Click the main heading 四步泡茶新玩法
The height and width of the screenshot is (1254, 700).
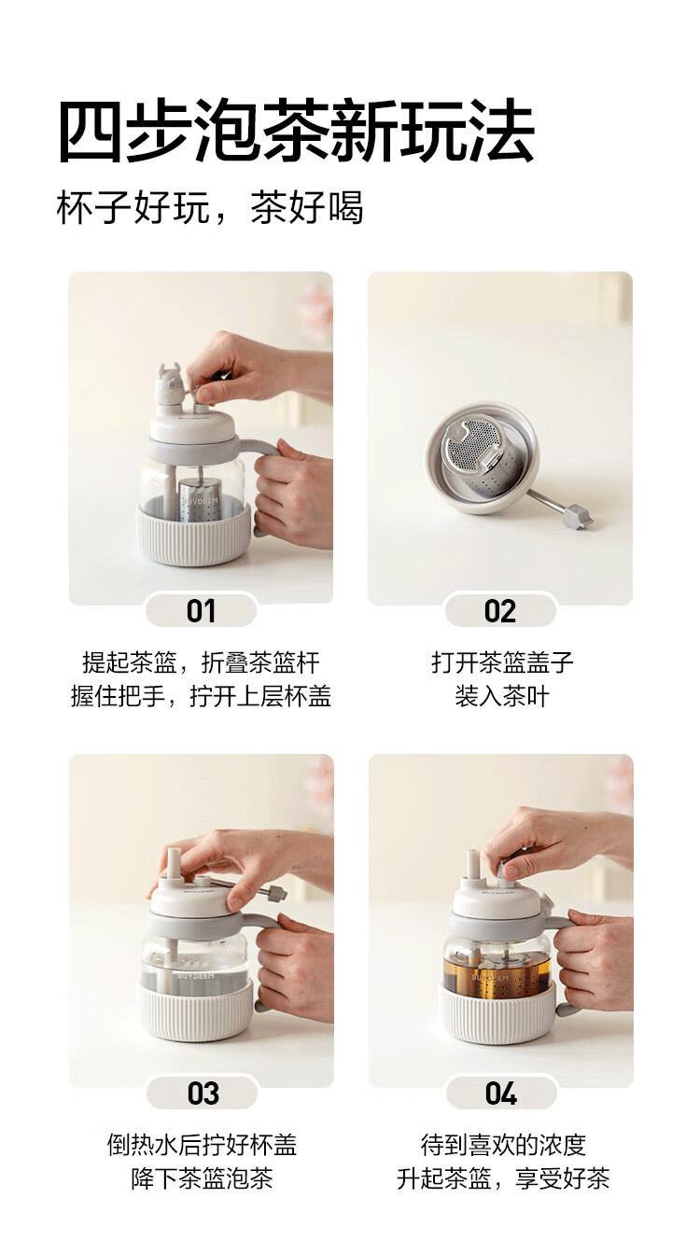(296, 132)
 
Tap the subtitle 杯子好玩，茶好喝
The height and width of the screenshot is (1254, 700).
(210, 208)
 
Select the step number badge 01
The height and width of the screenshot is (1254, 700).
(201, 611)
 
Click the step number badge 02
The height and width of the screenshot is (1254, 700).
(500, 611)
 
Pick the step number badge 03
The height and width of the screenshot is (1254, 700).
(203, 1093)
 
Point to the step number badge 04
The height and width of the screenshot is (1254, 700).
(501, 1093)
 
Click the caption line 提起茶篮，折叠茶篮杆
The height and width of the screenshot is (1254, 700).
(201, 662)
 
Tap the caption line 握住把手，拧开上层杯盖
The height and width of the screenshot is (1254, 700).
(201, 696)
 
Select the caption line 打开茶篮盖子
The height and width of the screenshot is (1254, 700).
(502, 662)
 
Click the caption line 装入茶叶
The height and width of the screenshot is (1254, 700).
(502, 696)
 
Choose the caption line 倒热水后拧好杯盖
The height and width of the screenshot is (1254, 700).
(203, 1145)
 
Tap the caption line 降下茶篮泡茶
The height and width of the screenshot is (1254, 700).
(203, 1178)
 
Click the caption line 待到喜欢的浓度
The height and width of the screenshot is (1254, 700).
(503, 1145)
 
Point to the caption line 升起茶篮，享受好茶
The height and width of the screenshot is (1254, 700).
(503, 1178)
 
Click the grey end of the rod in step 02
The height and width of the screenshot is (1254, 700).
(578, 516)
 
